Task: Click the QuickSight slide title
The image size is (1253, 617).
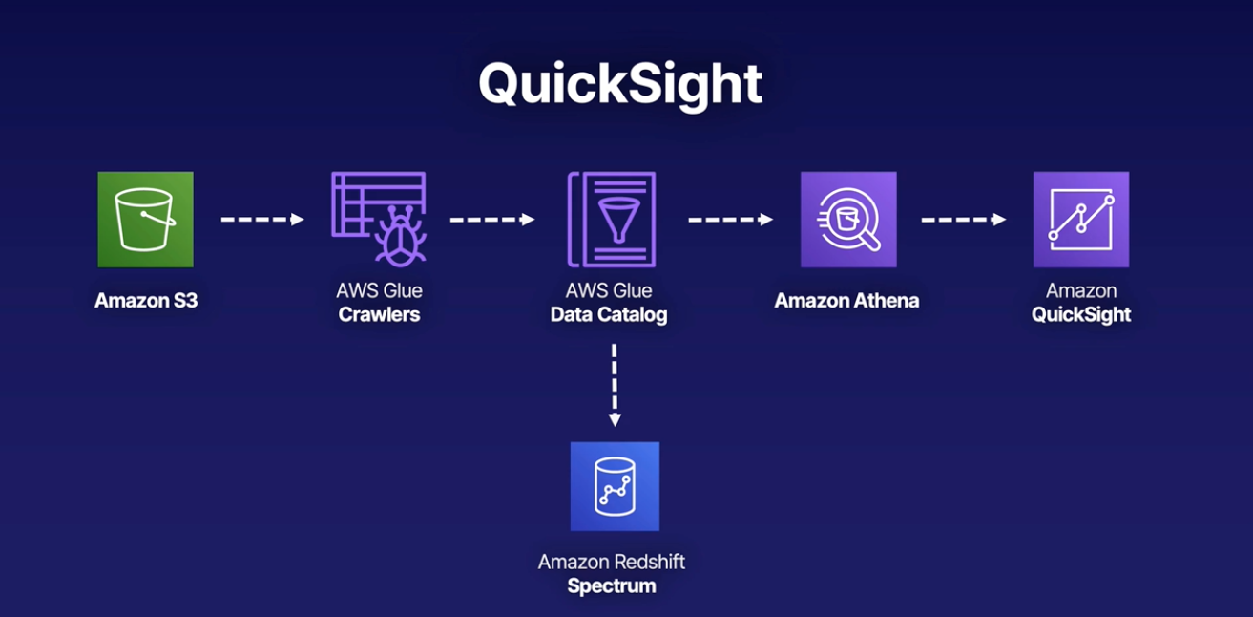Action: tap(620, 83)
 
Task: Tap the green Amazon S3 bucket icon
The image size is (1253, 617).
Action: tap(145, 220)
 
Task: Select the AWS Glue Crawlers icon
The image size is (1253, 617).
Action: tap(379, 218)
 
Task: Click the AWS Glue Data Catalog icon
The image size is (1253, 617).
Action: tap(612, 219)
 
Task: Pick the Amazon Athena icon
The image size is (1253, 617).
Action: tap(847, 220)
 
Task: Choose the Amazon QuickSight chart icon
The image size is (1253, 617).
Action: tap(1081, 220)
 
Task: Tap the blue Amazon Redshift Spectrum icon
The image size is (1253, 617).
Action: tap(615, 486)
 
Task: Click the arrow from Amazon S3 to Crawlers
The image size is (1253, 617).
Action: tap(262, 220)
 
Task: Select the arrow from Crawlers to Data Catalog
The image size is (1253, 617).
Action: tap(492, 220)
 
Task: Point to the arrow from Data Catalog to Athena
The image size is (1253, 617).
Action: tap(730, 220)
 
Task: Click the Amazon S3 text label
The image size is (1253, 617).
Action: tap(146, 301)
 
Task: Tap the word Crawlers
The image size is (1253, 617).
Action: tap(379, 315)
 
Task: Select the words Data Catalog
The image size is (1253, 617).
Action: tap(609, 315)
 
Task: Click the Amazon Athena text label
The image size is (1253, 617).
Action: tap(846, 301)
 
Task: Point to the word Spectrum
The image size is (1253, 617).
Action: tap(612, 586)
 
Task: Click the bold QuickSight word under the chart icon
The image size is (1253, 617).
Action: tap(1081, 315)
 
